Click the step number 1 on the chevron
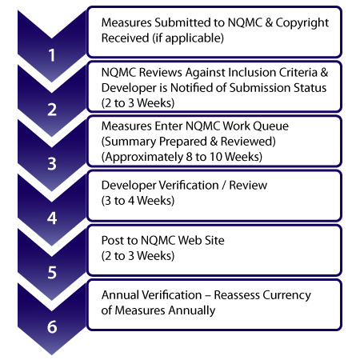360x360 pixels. pyautogui.click(x=52, y=55)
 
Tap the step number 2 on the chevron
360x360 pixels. pyautogui.click(x=52, y=110)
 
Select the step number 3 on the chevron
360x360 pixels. pyautogui.click(x=52, y=164)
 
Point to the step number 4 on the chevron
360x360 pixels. pyautogui.click(x=52, y=218)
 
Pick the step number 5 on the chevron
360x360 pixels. pyautogui.click(x=52, y=273)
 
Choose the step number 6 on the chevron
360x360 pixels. pyautogui.click(x=52, y=326)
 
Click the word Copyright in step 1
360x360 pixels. pyautogui.click(x=302, y=23)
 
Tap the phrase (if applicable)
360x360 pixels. pyautogui.click(x=188, y=38)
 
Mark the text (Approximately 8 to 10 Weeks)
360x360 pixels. pyautogui.click(x=182, y=157)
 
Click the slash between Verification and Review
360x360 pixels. pyautogui.click(x=224, y=186)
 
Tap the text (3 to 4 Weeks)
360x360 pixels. pyautogui.click(x=138, y=201)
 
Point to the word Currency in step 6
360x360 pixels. pyautogui.click(x=286, y=296)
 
